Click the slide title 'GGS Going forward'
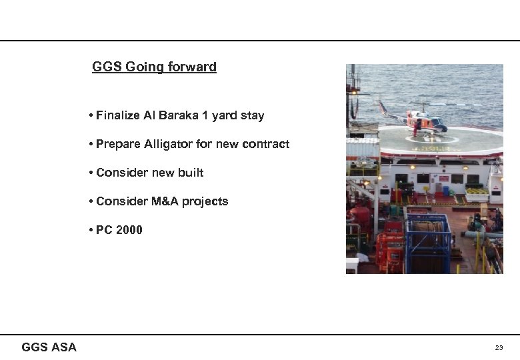coord(154,67)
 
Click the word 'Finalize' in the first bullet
coord(117,115)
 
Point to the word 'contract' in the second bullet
coord(266,144)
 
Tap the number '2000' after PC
coord(129,230)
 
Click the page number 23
coord(499,348)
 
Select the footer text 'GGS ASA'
coord(49,347)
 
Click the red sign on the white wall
coord(443,178)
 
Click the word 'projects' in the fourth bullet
coord(206,201)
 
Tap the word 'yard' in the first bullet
coord(231,115)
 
